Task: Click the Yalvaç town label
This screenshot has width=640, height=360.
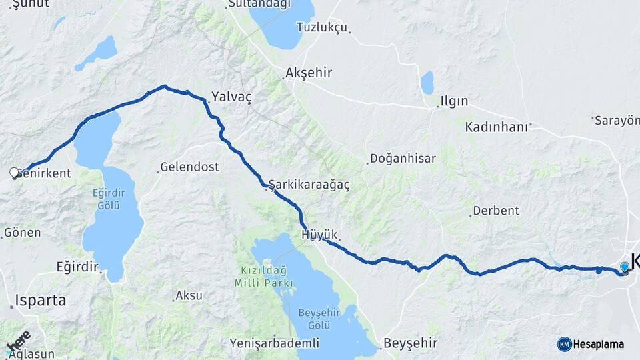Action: (231, 97)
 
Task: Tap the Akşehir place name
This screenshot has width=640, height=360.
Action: (308, 72)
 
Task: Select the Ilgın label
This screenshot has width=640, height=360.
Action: (453, 102)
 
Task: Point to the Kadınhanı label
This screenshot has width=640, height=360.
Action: (497, 127)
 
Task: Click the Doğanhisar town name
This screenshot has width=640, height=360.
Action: (402, 159)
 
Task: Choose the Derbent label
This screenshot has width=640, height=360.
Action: (495, 211)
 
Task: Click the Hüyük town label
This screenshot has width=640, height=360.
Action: (319, 235)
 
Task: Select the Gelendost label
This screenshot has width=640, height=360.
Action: (189, 167)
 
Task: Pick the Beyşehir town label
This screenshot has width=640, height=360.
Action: (410, 343)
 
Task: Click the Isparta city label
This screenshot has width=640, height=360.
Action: (42, 301)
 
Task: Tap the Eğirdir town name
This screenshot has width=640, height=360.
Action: (77, 267)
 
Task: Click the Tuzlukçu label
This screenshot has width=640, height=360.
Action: (322, 27)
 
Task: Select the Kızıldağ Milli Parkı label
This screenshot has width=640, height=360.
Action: (264, 277)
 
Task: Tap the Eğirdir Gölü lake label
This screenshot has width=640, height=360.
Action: (108, 199)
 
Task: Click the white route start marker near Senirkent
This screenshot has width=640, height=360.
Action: (15, 173)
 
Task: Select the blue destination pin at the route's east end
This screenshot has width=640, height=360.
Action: (625, 267)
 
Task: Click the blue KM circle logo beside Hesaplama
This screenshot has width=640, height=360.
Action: (565, 344)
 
